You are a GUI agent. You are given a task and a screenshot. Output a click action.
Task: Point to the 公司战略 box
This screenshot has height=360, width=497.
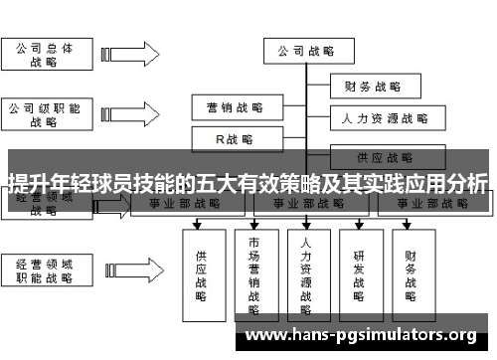coord(305,51)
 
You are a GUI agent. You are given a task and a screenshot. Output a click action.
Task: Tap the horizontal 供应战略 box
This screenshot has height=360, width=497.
coord(385,156)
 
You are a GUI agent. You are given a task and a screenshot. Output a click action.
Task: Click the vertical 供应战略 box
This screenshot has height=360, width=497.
coord(202,269)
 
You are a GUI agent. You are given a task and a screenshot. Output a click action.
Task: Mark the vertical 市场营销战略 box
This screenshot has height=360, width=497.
coord(254,269)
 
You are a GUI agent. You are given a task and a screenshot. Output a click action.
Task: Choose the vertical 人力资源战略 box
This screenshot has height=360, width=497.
coord(307,269)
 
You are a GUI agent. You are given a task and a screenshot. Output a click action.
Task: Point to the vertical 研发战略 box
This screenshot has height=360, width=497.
coord(360,269)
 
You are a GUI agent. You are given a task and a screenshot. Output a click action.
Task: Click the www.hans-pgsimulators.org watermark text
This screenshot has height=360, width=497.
coord(360,335)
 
